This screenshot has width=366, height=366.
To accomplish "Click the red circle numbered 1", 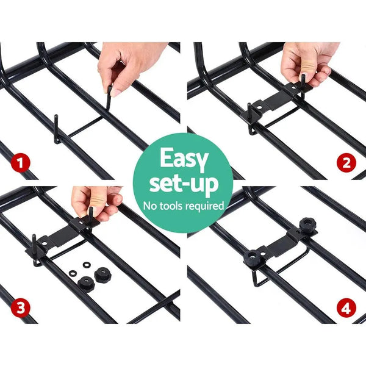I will tap(23, 163).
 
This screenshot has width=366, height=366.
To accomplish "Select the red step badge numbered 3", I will tap(23, 306).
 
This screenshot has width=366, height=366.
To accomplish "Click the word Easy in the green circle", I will tap(183, 160).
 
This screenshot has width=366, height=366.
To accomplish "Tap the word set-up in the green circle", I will tap(183, 184).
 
